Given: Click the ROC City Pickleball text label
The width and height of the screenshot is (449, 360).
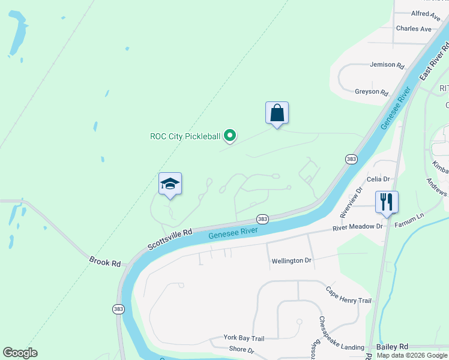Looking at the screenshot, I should (x=185, y=136).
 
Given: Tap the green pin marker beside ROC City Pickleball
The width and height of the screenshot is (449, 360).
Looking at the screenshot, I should (x=229, y=137).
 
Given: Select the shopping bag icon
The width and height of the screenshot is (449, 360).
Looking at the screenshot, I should (x=277, y=113).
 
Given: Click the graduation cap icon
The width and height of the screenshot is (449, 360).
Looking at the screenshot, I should (x=170, y=184).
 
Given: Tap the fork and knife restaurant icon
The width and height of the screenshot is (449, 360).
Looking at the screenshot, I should (x=387, y=202).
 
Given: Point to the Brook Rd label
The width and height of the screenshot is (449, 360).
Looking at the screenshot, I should (x=104, y=262).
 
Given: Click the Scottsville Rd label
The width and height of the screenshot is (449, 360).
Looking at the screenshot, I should (x=170, y=239).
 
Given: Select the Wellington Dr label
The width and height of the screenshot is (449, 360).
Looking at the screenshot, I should (x=291, y=260).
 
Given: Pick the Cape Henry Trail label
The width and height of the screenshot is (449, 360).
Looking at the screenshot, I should (x=349, y=295).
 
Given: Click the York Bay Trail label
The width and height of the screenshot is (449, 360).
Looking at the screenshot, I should (x=244, y=338).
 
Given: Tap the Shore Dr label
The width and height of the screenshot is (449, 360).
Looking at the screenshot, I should (x=242, y=350).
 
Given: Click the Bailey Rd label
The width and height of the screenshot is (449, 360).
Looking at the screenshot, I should (x=392, y=347).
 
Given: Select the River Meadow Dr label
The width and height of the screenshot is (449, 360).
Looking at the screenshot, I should (x=358, y=227).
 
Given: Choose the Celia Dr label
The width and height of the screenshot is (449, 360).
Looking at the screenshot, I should (x=378, y=179).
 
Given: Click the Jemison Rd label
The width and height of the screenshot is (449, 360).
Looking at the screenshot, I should (x=387, y=65).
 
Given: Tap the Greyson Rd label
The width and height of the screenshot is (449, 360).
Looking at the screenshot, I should (x=372, y=92).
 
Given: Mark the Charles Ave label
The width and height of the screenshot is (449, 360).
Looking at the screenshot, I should (x=414, y=28).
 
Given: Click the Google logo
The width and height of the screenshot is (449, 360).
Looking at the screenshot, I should (x=20, y=353).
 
